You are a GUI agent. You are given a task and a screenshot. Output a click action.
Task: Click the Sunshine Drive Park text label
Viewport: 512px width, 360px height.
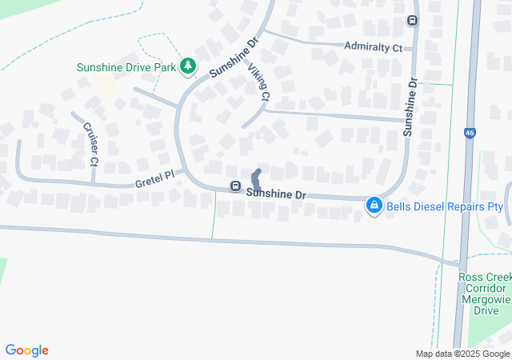126,67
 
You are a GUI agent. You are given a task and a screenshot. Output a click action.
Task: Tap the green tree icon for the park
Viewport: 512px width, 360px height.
188,66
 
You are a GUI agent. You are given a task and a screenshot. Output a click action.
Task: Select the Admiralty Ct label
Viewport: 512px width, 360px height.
372,48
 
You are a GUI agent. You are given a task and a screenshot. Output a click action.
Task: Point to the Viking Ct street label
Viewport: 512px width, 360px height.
259,83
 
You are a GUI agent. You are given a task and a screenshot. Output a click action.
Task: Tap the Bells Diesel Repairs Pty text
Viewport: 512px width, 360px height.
445,206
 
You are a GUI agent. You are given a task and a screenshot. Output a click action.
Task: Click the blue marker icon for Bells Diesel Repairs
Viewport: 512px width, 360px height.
374,206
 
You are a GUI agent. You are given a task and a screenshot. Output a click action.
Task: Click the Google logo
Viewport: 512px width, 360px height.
27,350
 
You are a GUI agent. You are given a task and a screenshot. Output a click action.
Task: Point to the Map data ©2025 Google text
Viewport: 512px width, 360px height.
462,354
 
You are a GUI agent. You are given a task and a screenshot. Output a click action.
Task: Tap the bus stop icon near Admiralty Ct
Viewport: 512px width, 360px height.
413,20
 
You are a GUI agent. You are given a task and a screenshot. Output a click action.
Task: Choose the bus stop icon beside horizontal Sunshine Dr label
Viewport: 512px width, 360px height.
236,186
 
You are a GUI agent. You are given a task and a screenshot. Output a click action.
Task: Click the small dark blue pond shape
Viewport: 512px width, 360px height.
256,178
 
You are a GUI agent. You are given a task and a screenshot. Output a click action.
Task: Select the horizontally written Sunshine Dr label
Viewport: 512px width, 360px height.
277,194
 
